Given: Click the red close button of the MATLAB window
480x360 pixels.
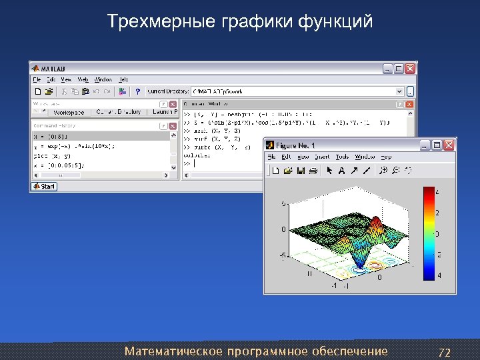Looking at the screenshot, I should click(411, 68).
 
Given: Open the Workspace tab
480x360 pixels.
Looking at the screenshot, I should click(69, 113).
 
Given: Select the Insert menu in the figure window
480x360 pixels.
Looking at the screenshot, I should click(322, 157).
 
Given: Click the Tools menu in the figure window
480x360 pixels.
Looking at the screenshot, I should click(342, 157).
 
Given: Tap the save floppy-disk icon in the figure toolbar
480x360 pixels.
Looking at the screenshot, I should click(301, 171).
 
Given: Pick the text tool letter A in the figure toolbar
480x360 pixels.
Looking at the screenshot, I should click(342, 171).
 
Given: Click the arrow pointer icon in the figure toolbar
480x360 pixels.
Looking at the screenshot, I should click(328, 171).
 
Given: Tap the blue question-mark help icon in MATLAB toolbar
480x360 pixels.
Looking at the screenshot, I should click(137, 91).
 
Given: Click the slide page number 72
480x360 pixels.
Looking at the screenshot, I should click(445, 351).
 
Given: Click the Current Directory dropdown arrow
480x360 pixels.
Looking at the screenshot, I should click(400, 91).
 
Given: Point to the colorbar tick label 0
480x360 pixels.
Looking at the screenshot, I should click(437, 234).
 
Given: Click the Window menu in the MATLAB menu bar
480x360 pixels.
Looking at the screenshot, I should click(103, 79).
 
